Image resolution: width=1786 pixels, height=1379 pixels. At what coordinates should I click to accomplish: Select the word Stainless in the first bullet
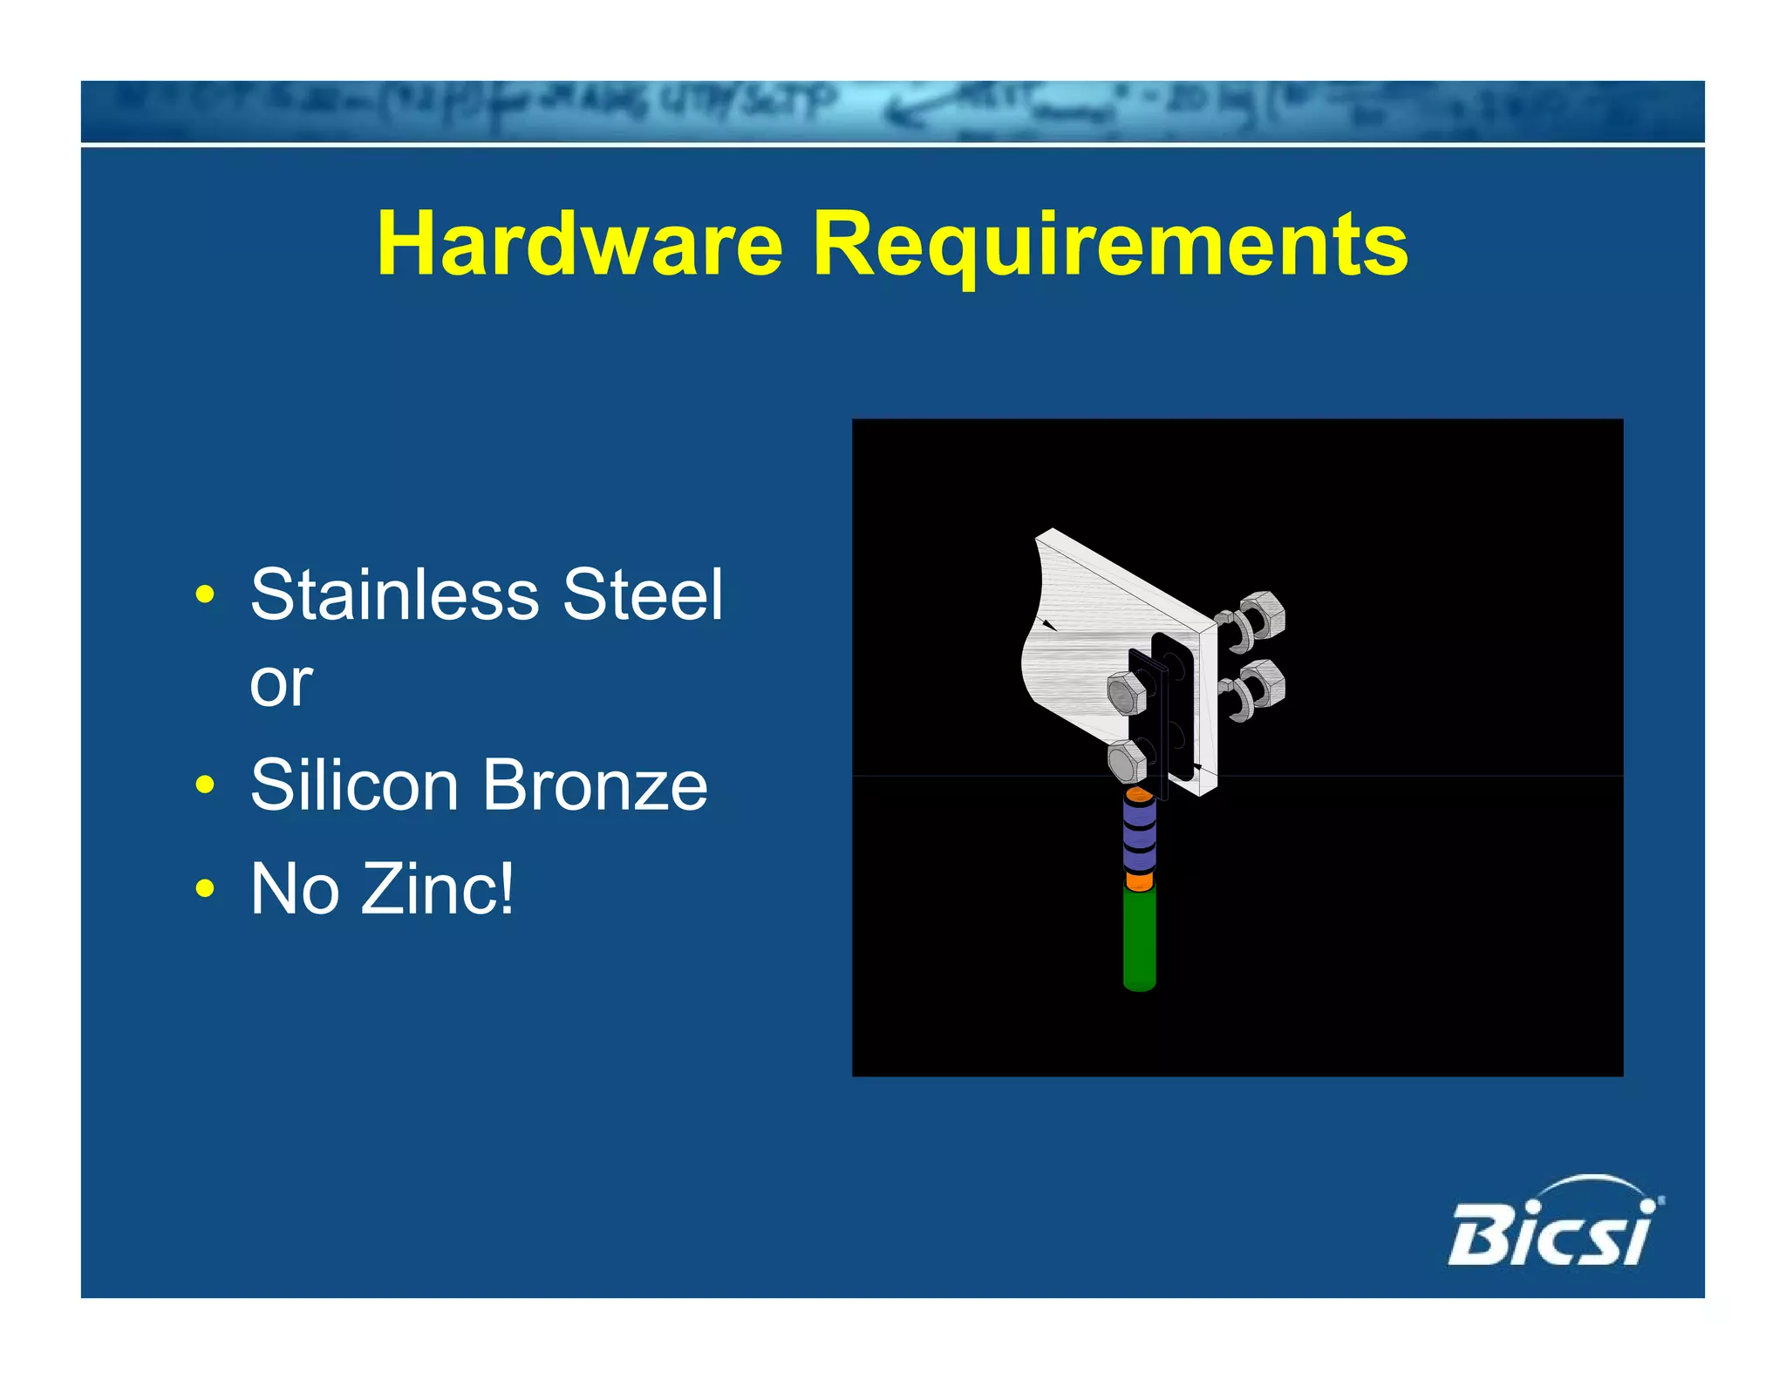pyautogui.click(x=395, y=594)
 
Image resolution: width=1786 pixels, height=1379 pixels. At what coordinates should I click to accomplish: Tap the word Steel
pyautogui.click(x=643, y=594)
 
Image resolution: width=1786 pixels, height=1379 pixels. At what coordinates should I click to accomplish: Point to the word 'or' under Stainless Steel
pyautogui.click(x=281, y=683)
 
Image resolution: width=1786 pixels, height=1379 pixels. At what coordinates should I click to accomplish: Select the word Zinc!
pyautogui.click(x=437, y=888)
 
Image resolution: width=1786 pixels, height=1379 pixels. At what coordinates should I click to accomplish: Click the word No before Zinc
pyautogui.click(x=295, y=888)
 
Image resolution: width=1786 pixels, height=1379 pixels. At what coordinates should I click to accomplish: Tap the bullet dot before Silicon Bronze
pyautogui.click(x=205, y=785)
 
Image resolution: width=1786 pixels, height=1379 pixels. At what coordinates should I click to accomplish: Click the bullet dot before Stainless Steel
pyautogui.click(x=205, y=595)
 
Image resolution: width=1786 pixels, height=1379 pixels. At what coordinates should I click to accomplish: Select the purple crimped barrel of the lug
pyautogui.click(x=1139, y=835)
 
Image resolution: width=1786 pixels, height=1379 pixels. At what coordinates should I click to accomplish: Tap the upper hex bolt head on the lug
pyautogui.click(x=1127, y=693)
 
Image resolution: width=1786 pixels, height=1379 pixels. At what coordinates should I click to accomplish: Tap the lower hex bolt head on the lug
pyautogui.click(x=1127, y=762)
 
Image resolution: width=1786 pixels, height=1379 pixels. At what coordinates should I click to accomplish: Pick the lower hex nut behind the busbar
pyautogui.click(x=1261, y=683)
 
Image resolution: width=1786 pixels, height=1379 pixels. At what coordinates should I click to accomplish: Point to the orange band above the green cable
pyautogui.click(x=1139, y=882)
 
